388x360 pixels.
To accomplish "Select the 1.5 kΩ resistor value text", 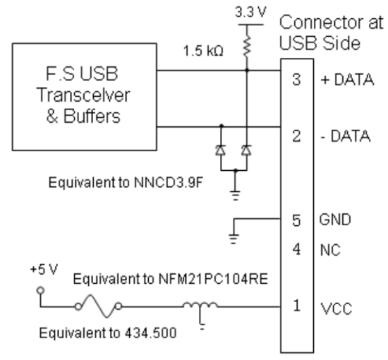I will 203,51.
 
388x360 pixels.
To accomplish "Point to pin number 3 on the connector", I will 297,80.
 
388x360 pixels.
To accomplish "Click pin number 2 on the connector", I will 297,136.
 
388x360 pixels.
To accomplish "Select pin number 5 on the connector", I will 297,220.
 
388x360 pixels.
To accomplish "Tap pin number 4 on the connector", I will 297,249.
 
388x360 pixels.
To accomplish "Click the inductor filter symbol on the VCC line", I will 201,307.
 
